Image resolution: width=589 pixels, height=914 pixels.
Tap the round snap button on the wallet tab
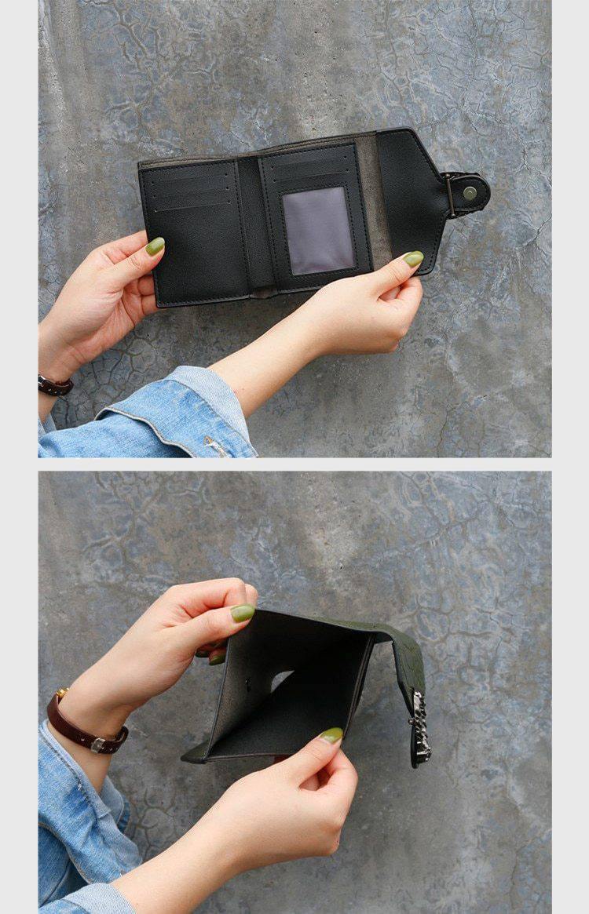[x=470, y=192]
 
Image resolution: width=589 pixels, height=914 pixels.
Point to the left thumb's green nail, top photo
[x=155, y=246]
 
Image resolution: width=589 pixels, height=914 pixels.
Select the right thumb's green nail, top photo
[x=413, y=258]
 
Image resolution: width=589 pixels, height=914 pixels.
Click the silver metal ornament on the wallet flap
[x=421, y=726]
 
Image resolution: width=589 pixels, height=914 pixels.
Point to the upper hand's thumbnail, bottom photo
[x=242, y=613]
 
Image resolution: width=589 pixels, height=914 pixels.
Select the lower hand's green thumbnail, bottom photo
[x=331, y=735]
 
